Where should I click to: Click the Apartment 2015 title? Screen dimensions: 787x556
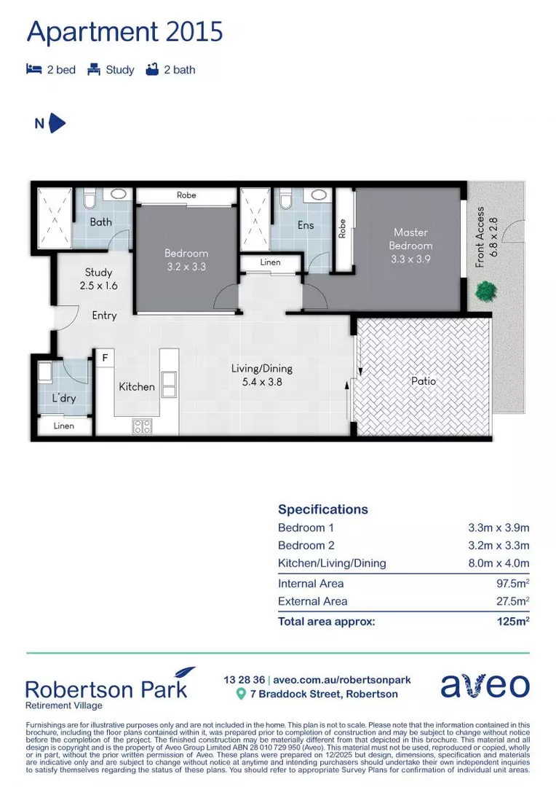coord(124,32)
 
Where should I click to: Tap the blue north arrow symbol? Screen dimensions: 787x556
coord(57,123)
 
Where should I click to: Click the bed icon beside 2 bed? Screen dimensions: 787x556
coord(33,70)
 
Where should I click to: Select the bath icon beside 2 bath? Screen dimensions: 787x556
coord(152,70)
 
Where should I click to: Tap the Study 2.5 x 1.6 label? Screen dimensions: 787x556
coord(98,279)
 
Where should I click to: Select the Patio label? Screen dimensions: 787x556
coord(423,380)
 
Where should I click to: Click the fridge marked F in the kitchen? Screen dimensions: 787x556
coord(105,358)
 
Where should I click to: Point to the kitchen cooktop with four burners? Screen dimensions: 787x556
coord(141,426)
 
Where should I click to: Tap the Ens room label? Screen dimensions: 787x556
coord(306,225)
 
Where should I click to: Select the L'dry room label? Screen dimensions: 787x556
coord(63,399)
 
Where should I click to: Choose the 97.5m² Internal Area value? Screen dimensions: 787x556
coord(508,583)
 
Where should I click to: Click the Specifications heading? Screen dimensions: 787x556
coord(323,509)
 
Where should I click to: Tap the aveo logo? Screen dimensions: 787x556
coord(485,685)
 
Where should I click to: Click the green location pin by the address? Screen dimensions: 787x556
coord(242,694)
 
